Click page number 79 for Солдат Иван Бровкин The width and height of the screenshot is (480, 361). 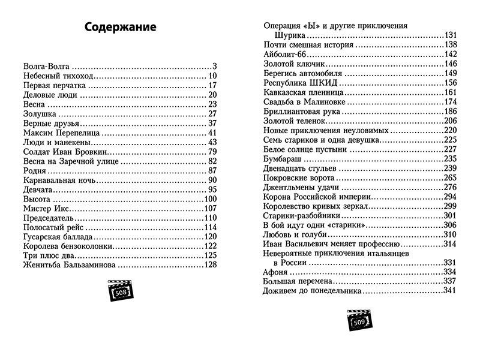coord(212,151)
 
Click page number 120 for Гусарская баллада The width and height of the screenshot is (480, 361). coord(209,236)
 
